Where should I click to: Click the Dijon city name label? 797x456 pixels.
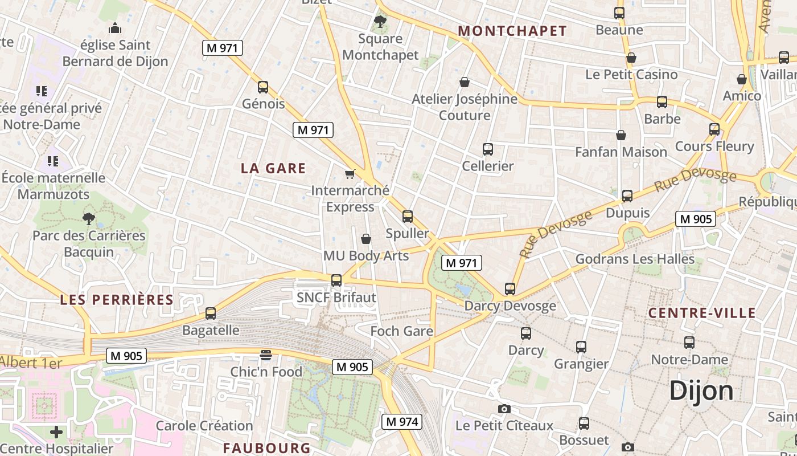pos(701,391)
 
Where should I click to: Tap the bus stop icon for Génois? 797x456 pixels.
pos(263,87)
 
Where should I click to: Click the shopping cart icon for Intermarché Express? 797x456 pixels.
pos(350,174)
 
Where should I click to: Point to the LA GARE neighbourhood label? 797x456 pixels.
pos(273,168)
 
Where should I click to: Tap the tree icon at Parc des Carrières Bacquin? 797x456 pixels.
pos(88,218)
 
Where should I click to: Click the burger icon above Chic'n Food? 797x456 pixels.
pos(266,355)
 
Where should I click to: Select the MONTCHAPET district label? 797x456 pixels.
pos(512,31)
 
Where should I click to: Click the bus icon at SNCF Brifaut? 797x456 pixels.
pos(336,280)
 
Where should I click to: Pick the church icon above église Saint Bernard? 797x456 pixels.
pos(115,28)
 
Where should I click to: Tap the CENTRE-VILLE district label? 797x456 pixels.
pos(702,313)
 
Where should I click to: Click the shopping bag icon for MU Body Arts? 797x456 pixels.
pos(366,239)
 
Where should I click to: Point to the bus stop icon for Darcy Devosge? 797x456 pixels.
pos(510,289)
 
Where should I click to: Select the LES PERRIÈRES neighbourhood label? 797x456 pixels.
pos(117,300)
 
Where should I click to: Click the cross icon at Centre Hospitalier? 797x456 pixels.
pos(56,432)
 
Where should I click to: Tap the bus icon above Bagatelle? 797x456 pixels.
pos(211,313)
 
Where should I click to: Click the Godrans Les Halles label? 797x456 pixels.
pos(635,259)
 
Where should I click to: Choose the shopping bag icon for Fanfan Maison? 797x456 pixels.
pos(621,135)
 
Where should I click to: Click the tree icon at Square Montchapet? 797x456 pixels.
pos(380,22)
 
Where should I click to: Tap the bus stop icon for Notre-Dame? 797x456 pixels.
pos(689,343)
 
